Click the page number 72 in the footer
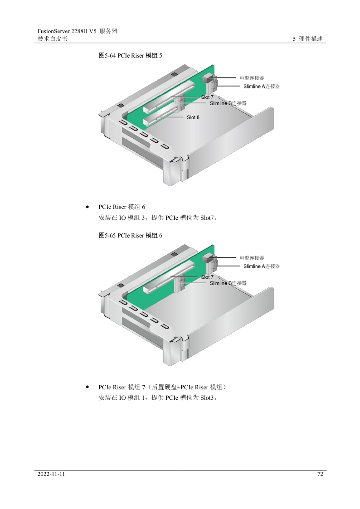[320, 474]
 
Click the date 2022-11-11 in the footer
[51, 474]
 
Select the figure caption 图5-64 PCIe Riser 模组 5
[131, 55]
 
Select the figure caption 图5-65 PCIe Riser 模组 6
[131, 235]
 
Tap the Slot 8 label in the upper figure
[193, 117]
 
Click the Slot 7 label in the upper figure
[207, 97]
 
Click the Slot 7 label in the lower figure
[207, 277]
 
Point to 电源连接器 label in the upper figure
[252, 78]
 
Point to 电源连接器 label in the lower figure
[252, 258]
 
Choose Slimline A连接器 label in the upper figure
[262, 87]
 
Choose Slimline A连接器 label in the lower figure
[262, 266]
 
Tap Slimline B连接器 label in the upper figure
[228, 103]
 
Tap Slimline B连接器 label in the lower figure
[228, 283]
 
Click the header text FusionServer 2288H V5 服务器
[77, 31]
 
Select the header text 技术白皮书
[53, 39]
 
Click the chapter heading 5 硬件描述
[308, 39]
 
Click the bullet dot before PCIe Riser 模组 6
[88, 207]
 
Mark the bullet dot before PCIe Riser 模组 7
[88, 387]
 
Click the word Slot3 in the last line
[207, 398]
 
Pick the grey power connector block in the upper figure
[207, 78]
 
